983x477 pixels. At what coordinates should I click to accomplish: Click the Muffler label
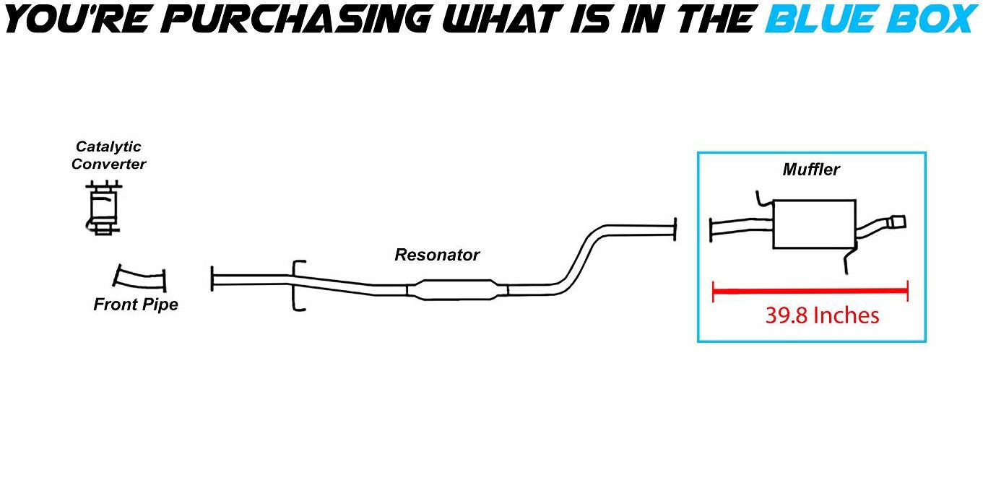click(x=811, y=170)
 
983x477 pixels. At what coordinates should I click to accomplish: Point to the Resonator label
click(x=436, y=255)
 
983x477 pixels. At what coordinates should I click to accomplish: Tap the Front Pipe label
click(x=135, y=305)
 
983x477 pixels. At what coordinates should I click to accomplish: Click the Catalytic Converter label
click(x=108, y=155)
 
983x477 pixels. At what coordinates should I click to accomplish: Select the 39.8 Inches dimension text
click(x=822, y=315)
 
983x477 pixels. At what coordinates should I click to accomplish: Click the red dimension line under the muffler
click(x=810, y=291)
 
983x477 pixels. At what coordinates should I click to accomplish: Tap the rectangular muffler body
click(x=814, y=224)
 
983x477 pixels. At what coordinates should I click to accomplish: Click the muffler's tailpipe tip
click(x=895, y=222)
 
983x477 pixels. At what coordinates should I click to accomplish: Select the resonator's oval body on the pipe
click(x=457, y=289)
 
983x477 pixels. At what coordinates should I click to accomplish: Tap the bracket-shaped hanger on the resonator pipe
click(x=298, y=286)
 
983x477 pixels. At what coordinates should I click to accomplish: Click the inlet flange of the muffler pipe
click(x=712, y=230)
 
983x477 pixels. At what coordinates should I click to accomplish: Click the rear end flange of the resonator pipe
click(x=675, y=229)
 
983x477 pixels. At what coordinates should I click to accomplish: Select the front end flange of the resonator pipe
click(x=212, y=279)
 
